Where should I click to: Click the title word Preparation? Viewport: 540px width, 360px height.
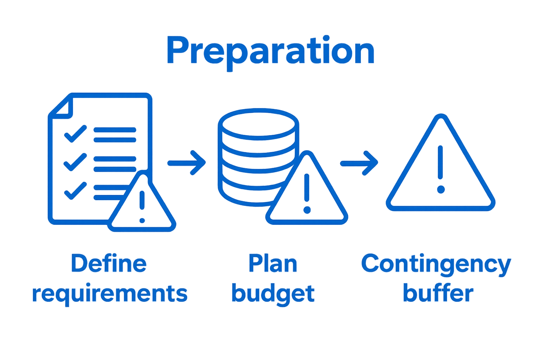click(270, 53)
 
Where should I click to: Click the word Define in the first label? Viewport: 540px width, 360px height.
click(109, 263)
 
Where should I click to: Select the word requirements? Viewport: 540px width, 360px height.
click(110, 295)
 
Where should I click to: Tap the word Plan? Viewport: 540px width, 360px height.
click(273, 263)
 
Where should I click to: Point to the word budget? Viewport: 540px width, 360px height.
click(273, 294)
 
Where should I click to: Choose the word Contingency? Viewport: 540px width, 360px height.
click(436, 265)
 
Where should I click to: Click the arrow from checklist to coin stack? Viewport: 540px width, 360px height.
click(187, 163)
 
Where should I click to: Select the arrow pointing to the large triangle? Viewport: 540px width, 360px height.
click(359, 163)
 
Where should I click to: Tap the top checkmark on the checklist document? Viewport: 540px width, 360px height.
click(76, 134)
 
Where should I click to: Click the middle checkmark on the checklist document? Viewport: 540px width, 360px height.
click(75, 162)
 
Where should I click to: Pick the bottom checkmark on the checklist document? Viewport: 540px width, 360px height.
click(76, 191)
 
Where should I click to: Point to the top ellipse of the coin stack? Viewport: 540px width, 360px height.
click(258, 124)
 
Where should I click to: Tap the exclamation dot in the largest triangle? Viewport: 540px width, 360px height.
click(441, 189)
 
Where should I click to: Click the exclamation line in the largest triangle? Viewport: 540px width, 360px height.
click(441, 162)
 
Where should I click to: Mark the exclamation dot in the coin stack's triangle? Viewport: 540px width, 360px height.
click(307, 210)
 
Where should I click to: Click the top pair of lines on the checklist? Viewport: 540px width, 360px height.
click(115, 135)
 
